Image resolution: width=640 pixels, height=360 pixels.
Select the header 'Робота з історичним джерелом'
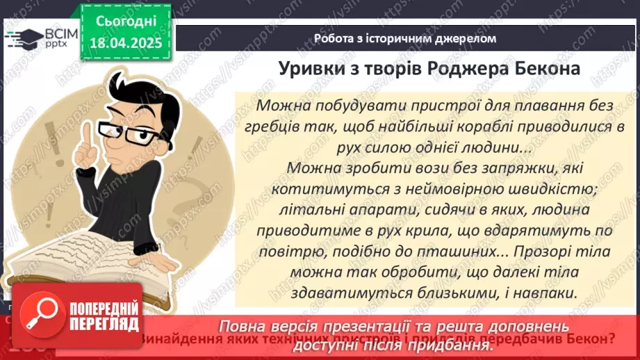pyautogui.click(x=405, y=38)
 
